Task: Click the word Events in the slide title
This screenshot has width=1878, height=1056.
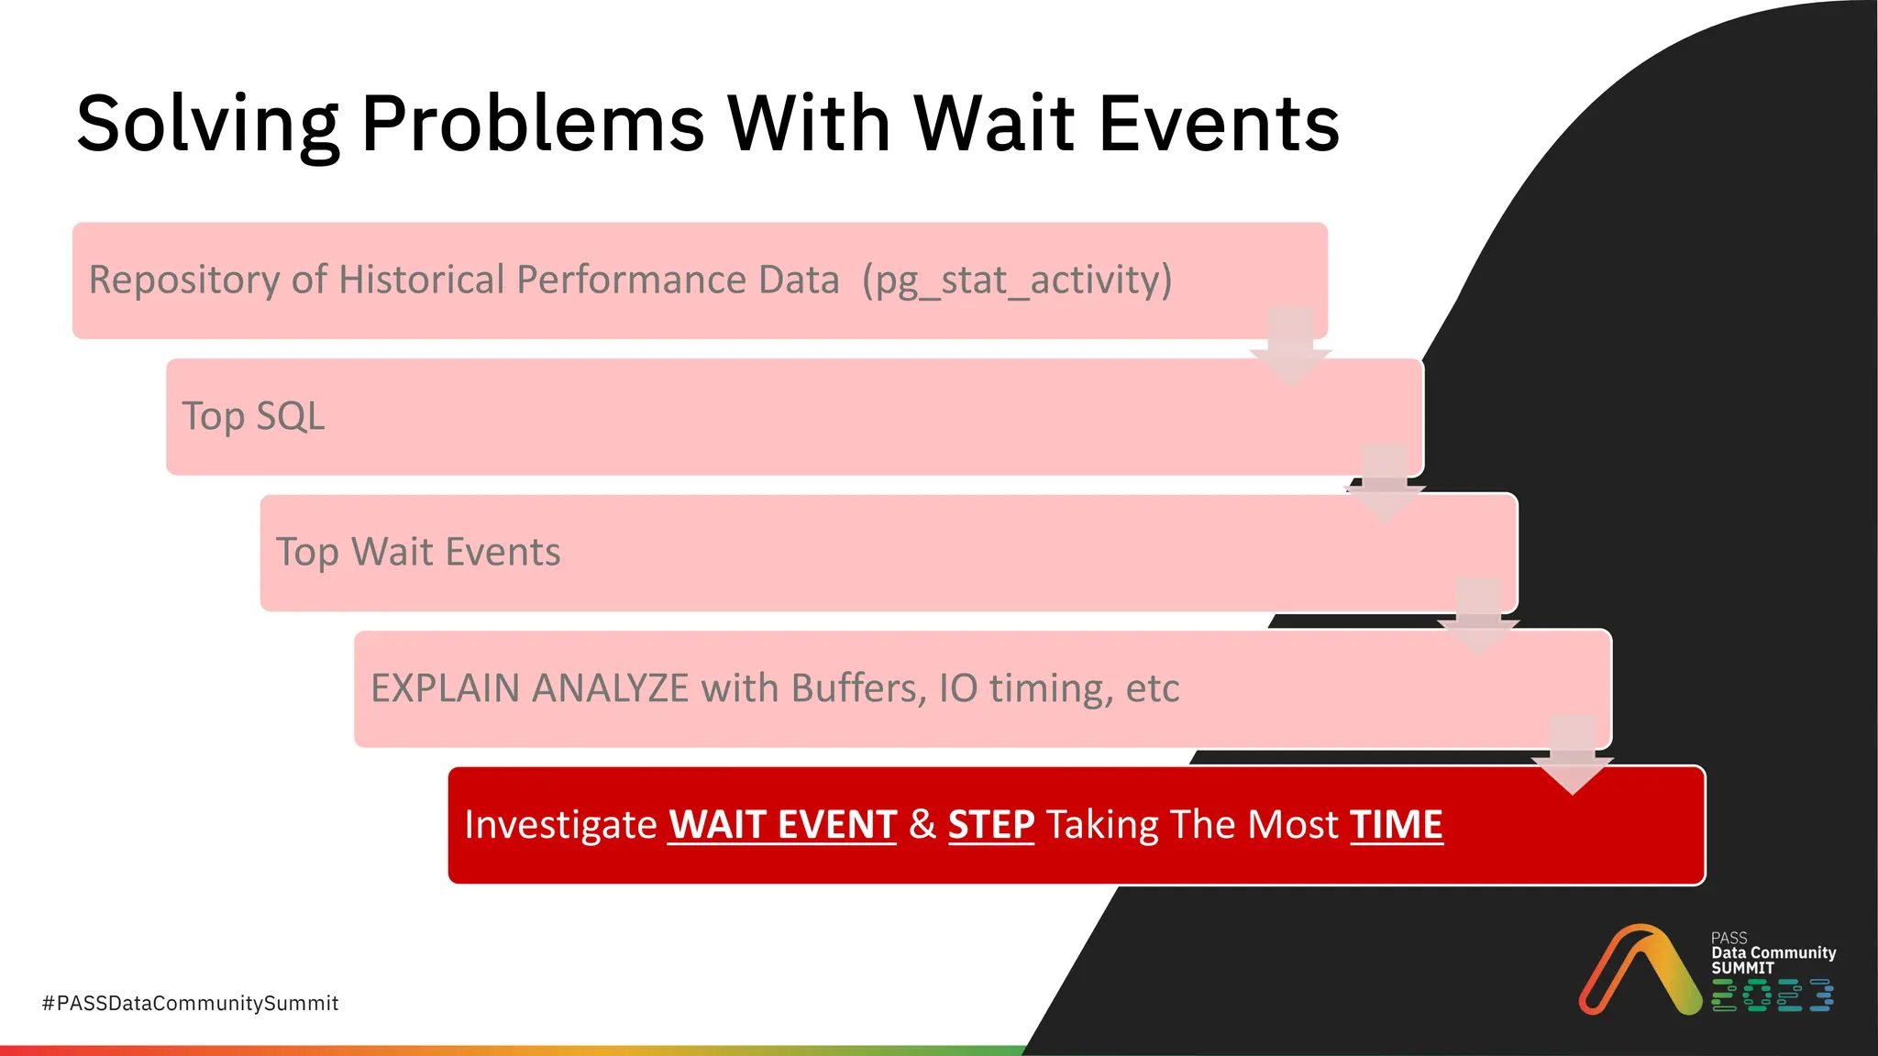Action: tap(1219, 124)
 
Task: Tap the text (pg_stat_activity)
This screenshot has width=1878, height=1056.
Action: tap(1017, 280)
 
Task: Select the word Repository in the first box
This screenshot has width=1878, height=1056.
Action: tap(184, 280)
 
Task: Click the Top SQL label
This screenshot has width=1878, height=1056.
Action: tap(253, 416)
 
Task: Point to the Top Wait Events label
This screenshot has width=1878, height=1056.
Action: tap(418, 553)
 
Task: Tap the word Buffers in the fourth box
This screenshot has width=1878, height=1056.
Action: tap(858, 688)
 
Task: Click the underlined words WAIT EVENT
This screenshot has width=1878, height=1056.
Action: tap(782, 824)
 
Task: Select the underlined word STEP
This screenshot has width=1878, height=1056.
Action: tap(990, 824)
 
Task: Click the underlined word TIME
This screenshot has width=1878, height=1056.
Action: tap(1396, 824)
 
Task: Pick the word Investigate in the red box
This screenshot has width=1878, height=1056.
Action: tap(560, 824)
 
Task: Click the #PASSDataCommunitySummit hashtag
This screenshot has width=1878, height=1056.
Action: tap(190, 1003)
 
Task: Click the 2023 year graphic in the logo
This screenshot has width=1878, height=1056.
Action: tap(1772, 995)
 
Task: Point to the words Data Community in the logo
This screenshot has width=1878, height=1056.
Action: tap(1773, 952)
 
